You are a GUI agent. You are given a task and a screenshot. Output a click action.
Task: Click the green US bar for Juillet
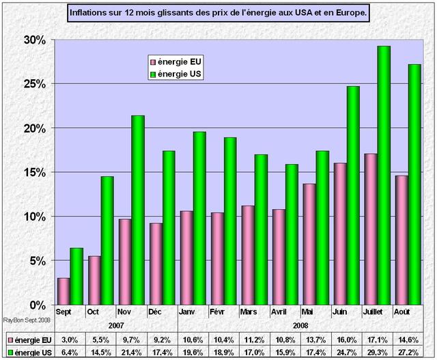pyautogui.click(x=384, y=175)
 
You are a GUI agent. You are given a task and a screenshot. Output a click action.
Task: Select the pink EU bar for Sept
pyautogui.click(x=63, y=291)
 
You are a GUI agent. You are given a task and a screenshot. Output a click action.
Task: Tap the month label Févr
pyautogui.click(x=217, y=312)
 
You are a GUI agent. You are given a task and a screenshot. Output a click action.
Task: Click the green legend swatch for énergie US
pyautogui.click(x=154, y=74)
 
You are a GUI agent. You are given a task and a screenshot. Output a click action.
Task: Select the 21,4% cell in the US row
pyautogui.click(x=131, y=352)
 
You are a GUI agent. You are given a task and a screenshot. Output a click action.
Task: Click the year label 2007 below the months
pyautogui.click(x=117, y=326)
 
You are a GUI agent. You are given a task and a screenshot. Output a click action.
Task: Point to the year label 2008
pyautogui.click(x=301, y=326)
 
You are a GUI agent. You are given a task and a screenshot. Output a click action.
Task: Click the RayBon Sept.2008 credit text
pyautogui.click(x=21, y=319)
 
